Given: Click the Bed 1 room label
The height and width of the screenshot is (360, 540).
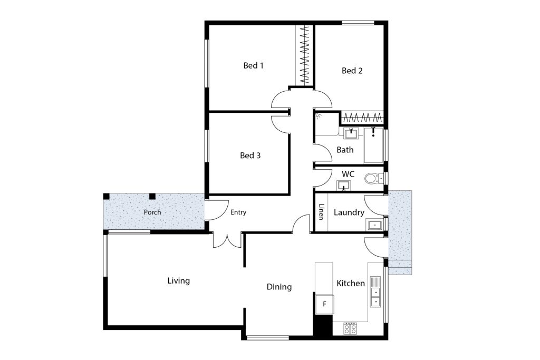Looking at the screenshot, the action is point(253,65).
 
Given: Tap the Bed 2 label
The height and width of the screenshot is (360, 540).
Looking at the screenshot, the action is point(352,71).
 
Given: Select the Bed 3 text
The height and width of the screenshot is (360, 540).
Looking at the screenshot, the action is point(250,155).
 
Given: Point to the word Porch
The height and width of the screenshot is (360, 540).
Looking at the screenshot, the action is point(152,212).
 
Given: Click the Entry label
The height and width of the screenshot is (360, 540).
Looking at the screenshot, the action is point(238,212).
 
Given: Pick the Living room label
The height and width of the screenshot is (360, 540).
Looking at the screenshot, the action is point(178,281).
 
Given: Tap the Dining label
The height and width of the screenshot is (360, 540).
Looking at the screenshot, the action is point(279,287).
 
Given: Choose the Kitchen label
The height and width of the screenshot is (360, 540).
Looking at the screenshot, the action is point(351,283).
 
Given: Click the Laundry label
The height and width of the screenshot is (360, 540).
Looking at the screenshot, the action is point(349,212).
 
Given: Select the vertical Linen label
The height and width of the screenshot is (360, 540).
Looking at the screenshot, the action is point(321,212).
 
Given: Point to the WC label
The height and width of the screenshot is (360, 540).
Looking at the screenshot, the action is point(348,174).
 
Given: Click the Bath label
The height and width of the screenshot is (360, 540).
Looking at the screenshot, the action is point(345,150).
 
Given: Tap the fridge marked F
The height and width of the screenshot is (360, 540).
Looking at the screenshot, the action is point(325,304).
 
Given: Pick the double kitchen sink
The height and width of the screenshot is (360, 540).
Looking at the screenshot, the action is point(375,291).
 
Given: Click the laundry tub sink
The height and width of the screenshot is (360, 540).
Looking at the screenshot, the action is point(374,225).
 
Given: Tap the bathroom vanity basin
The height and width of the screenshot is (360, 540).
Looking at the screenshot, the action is point(351,133).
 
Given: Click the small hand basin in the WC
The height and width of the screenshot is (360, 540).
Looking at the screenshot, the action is point(344,186).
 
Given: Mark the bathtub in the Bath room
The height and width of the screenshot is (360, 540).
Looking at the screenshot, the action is point(374,145).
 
